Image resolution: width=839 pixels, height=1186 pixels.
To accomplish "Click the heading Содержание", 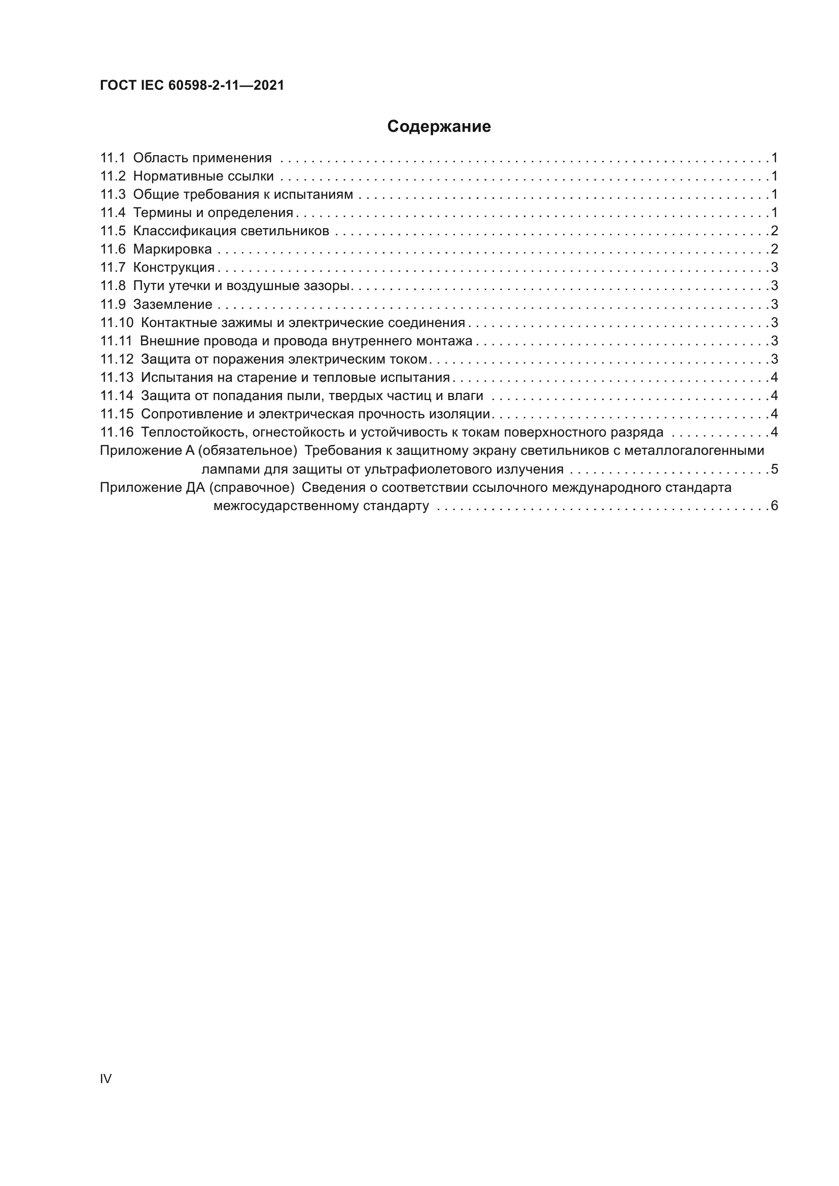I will click(x=439, y=127).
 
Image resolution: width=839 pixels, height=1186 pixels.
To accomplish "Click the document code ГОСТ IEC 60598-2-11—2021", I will click(x=192, y=86).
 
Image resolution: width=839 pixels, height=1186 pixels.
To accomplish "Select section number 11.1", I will click(x=113, y=158).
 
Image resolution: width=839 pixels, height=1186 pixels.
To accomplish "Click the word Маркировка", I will click(x=172, y=249).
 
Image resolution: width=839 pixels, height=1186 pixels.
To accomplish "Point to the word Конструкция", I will click(x=173, y=268).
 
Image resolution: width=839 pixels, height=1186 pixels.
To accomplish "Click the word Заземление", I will click(x=172, y=304).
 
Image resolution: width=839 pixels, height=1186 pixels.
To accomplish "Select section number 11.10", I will click(x=116, y=323).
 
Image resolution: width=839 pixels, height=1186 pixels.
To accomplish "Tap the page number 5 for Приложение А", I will click(x=774, y=470).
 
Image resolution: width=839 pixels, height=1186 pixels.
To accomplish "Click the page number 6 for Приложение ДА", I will click(x=774, y=506).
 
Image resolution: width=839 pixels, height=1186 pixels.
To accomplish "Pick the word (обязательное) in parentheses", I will click(x=248, y=451).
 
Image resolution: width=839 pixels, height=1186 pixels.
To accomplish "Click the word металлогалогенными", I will click(x=694, y=451).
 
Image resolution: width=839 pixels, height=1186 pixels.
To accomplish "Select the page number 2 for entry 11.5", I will click(x=774, y=231).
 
